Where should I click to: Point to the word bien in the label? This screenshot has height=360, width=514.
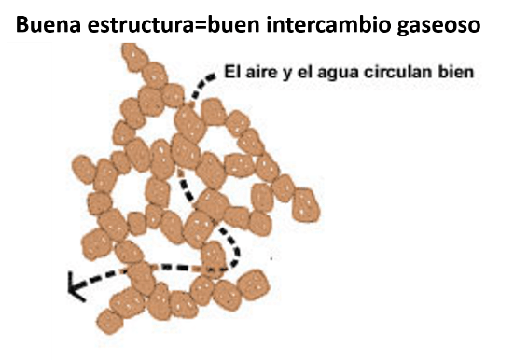pyautogui.click(x=457, y=71)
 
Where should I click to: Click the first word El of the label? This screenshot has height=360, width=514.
pyautogui.click(x=234, y=71)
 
